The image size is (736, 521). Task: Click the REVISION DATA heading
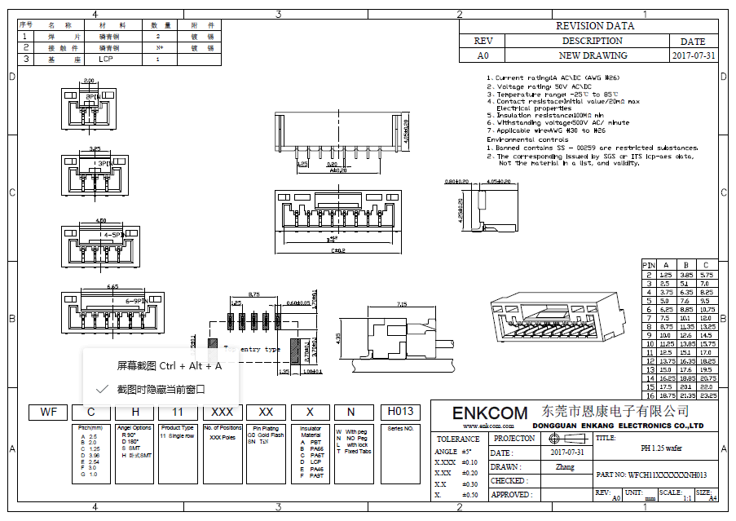pos(594,26)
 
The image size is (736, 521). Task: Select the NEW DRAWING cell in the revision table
pos(593,55)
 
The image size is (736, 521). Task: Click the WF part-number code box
pos(48,412)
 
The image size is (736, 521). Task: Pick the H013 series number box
pos(400,411)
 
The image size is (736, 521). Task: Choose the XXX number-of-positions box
pos(223,412)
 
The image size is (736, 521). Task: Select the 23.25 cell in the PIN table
pos(707,395)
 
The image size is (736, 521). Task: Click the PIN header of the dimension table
pos(649,265)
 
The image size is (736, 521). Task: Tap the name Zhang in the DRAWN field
pos(565,467)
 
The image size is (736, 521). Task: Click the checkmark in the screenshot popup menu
pos(102,390)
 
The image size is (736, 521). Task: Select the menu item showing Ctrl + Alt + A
pos(170,365)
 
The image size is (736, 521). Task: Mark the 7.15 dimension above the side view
pos(401,303)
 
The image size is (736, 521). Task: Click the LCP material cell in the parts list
pos(106,60)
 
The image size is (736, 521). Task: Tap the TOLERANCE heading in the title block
pos(457,439)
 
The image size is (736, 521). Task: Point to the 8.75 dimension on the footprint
pos(253,294)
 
